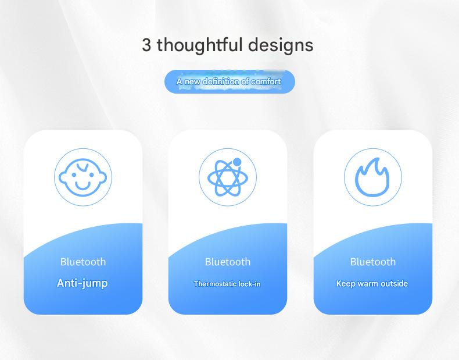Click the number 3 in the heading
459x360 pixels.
click(x=146, y=45)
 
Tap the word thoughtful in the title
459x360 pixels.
click(x=200, y=46)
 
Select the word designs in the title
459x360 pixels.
click(x=281, y=46)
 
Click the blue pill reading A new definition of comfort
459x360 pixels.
click(x=229, y=81)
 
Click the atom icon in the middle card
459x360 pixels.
click(x=228, y=177)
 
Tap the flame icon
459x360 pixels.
click(x=372, y=177)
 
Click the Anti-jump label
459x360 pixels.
click(x=83, y=283)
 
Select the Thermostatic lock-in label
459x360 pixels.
click(x=227, y=284)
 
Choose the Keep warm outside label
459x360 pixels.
click(x=372, y=284)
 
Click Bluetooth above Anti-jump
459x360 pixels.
click(x=83, y=262)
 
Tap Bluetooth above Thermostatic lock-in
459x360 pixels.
click(x=228, y=262)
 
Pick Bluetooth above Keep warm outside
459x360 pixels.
click(x=373, y=262)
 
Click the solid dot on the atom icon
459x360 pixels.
click(x=237, y=162)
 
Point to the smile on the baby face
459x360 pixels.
click(x=83, y=186)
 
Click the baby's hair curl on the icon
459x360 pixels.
click(x=83, y=167)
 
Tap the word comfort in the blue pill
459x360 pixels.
click(x=266, y=81)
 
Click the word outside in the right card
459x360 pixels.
click(x=395, y=284)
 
